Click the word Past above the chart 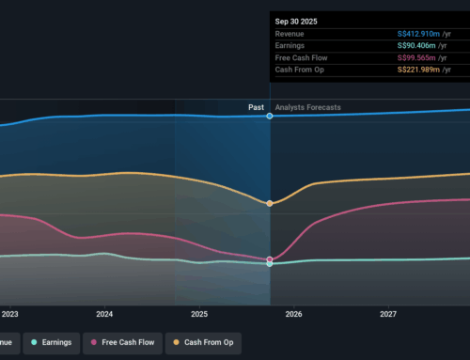pyautogui.click(x=256, y=107)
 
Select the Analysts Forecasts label pyautogui.click(x=308, y=107)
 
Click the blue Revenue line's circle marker pyautogui.click(x=270, y=116)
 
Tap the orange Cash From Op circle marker pyautogui.click(x=270, y=203)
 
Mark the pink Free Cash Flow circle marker pyautogui.click(x=270, y=259)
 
